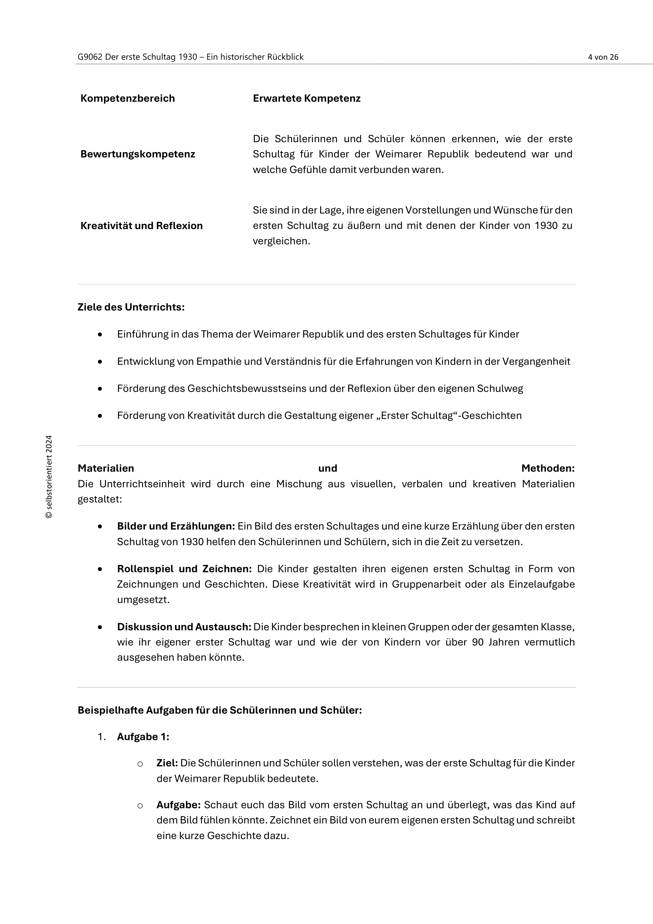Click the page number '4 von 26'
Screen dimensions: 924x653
603,57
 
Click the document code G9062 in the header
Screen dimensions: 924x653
90,57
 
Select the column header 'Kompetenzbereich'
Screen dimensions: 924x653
128,99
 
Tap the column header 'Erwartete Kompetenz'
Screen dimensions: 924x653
306,99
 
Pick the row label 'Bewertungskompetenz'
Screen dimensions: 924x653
137,154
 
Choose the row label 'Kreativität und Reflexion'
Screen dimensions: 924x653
142,226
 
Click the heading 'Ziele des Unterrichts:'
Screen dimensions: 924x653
131,307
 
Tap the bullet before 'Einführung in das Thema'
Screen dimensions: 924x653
100,335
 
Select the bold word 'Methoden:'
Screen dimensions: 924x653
548,468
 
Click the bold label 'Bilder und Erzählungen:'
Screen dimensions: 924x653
176,526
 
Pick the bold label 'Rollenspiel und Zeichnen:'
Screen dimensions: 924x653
184,568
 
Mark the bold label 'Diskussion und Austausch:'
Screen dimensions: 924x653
184,627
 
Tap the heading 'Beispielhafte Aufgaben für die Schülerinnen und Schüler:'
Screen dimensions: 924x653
220,710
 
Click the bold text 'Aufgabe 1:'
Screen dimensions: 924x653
143,737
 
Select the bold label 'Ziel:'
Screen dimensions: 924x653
167,763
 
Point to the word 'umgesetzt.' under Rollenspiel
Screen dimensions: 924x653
143,600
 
